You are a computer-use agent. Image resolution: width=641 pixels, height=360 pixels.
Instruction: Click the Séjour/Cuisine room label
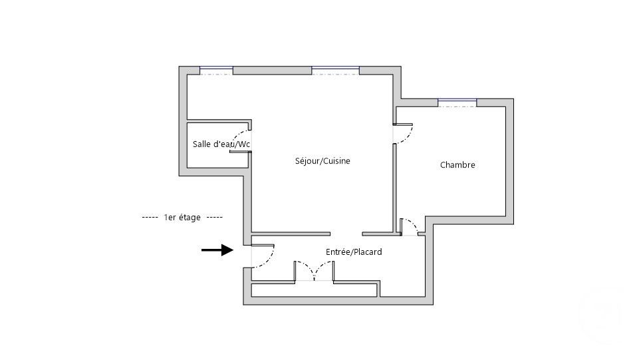pyautogui.click(x=322, y=161)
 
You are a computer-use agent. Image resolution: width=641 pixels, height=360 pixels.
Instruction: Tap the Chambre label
pyautogui.click(x=457, y=165)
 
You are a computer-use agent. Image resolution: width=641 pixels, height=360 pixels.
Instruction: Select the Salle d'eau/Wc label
pyautogui.click(x=221, y=144)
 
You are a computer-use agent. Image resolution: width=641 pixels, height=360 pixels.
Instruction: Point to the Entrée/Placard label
pyautogui.click(x=354, y=252)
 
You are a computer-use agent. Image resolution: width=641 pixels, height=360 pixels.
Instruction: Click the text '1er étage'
pyautogui.click(x=182, y=218)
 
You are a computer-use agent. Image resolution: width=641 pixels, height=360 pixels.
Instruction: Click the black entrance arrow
pyautogui.click(x=217, y=250)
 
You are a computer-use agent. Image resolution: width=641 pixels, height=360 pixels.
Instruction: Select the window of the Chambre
pyautogui.click(x=457, y=102)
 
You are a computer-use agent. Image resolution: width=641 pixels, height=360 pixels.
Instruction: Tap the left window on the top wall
pyautogui.click(x=216, y=70)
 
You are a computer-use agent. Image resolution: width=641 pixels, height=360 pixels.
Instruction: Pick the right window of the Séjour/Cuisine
pyautogui.click(x=335, y=70)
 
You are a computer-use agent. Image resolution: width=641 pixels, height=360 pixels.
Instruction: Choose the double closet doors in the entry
pyautogui.click(x=314, y=270)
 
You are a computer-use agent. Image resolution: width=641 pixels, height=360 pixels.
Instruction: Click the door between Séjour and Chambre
pyautogui.click(x=404, y=133)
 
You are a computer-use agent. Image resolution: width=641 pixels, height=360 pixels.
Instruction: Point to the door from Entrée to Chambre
pyautogui.click(x=410, y=226)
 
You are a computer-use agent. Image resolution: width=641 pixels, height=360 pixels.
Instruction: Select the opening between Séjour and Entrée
pyautogui.click(x=346, y=234)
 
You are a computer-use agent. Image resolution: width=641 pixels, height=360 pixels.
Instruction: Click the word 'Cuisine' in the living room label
pyautogui.click(x=336, y=161)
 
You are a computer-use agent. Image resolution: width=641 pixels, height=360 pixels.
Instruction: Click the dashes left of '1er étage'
pyautogui.click(x=150, y=218)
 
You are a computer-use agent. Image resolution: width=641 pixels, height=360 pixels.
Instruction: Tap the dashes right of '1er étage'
pyautogui.click(x=214, y=218)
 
